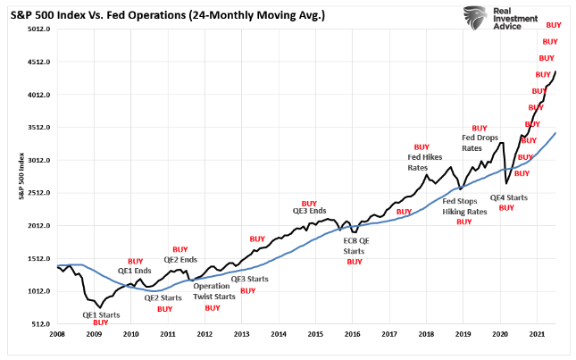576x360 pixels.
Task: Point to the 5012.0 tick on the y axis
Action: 39,29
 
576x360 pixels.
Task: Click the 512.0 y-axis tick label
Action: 41,324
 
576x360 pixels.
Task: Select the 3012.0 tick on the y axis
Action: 39,161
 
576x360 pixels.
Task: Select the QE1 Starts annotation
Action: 102,314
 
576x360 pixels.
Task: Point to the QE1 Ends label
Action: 135,271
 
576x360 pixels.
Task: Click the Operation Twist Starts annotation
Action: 213,292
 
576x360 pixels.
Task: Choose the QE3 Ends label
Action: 310,213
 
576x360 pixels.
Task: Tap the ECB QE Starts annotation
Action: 355,246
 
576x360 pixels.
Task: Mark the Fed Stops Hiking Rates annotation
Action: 464,206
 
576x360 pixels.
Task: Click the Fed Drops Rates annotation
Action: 480,143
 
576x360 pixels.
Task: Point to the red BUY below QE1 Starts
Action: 101,322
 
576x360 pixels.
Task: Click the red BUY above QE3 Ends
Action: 310,204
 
